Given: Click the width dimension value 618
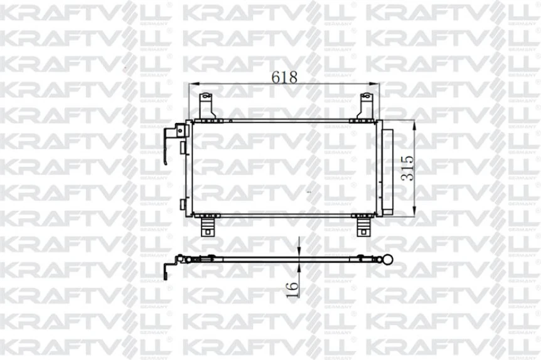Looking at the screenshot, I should point(284,77).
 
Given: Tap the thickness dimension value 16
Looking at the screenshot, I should point(292,289).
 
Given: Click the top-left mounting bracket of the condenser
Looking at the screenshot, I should point(206,105).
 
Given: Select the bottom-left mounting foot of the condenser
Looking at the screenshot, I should point(207,226).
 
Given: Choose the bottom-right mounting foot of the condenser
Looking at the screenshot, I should point(363,226).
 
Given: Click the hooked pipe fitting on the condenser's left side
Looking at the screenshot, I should point(168,144).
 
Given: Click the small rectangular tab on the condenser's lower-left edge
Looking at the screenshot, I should point(181,205).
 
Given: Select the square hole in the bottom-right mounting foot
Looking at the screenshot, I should point(363,230).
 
